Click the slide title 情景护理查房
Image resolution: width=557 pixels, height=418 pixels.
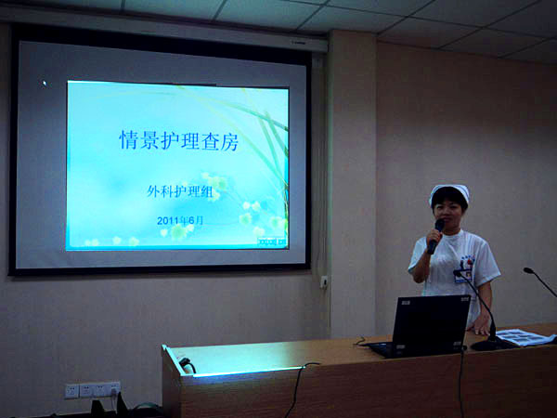tap(178, 139)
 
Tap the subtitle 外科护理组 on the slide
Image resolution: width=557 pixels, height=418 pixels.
tap(180, 192)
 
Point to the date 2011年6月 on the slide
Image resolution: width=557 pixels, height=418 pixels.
tap(180, 220)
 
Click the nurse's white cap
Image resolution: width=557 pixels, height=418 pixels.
tap(449, 192)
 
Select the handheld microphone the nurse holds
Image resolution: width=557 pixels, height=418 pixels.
tap(436, 236)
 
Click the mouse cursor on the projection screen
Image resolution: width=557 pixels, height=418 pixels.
tap(45, 84)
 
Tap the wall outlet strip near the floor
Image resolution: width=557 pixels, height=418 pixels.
tap(93, 390)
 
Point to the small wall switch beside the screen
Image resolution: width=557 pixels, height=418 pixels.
tap(324, 281)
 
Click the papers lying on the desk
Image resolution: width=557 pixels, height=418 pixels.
tap(525, 337)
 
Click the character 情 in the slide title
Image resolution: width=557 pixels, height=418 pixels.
tap(128, 139)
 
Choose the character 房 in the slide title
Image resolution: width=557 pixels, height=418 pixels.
tap(229, 140)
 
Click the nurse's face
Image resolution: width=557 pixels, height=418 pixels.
tap(449, 211)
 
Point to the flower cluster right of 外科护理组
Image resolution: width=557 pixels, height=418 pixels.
tap(217, 187)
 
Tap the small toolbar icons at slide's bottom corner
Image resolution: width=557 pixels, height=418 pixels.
tap(272, 242)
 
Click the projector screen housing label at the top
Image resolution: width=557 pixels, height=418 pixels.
tap(298, 43)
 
